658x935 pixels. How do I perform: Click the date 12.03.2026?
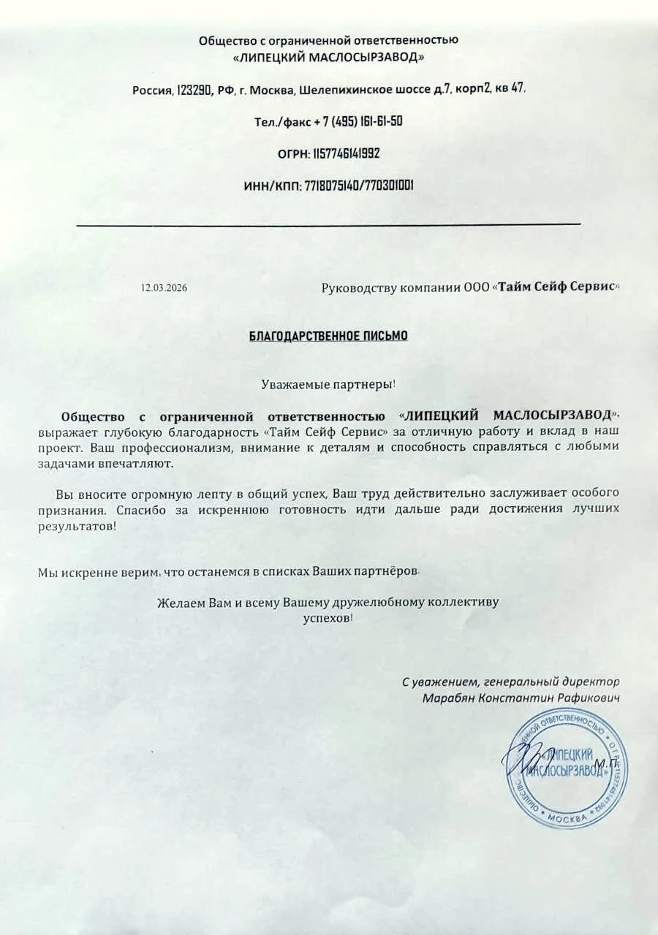[164, 288]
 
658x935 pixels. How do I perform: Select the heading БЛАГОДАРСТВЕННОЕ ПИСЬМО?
[329, 336]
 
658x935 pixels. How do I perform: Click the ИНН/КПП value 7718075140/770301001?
[358, 186]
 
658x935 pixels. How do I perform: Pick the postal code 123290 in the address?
[194, 90]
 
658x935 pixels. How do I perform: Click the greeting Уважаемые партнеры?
[329, 383]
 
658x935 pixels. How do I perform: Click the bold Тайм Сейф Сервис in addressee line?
[556, 287]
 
